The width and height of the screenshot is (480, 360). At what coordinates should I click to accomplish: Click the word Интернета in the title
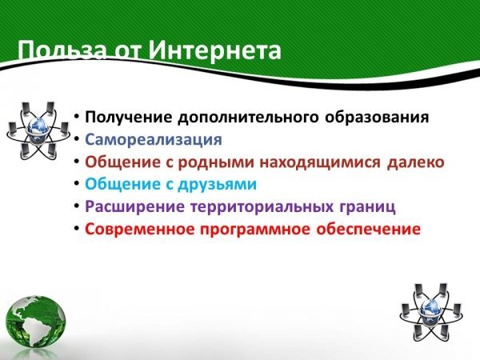tap(215, 50)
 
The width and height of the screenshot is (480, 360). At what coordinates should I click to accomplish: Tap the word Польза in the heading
tap(62, 50)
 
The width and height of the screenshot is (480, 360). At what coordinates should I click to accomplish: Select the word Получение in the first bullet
tap(129, 118)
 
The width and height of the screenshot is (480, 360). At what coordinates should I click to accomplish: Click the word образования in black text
tap(377, 117)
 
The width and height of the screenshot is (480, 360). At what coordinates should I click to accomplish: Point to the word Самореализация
tap(154, 139)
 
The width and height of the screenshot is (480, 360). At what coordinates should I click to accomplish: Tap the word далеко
tap(416, 162)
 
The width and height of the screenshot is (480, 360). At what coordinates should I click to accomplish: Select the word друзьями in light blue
tap(218, 184)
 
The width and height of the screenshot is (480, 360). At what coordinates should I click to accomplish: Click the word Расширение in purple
tap(134, 207)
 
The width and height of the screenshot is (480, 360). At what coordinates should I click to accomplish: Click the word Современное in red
tap(139, 230)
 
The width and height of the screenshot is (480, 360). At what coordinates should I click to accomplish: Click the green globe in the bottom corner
tap(36, 323)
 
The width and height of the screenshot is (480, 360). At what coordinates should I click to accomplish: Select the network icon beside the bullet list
tap(38, 130)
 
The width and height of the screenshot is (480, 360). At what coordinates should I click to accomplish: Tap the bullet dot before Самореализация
tap(77, 139)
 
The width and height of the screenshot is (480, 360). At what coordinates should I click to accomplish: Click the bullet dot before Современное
tap(77, 228)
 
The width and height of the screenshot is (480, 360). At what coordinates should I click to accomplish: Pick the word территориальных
tap(262, 207)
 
